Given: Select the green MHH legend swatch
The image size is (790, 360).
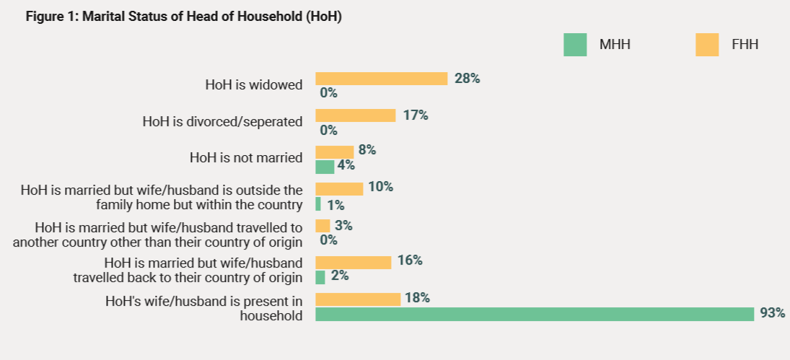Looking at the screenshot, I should [x=575, y=45].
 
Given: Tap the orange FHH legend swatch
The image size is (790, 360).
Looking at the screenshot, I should [x=707, y=45].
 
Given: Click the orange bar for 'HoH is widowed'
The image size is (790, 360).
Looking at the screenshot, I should [x=381, y=79].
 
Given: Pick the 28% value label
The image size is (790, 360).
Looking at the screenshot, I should [x=467, y=79].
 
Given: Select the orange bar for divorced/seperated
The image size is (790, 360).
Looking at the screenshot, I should [x=355, y=115].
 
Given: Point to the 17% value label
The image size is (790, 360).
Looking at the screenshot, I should [x=415, y=115].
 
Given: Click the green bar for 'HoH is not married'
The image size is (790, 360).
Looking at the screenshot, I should [x=325, y=167].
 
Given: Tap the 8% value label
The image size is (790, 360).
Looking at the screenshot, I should [x=367, y=151].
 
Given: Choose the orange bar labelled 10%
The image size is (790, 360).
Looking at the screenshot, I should [x=339, y=188].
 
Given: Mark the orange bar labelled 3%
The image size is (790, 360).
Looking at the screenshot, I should [x=322, y=226].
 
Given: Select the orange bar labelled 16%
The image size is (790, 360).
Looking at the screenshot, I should [x=353, y=262].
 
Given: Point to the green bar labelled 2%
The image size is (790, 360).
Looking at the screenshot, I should [x=320, y=277].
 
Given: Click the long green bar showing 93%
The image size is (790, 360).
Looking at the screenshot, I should [x=534, y=314].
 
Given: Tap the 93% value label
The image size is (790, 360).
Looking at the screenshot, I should [x=772, y=314].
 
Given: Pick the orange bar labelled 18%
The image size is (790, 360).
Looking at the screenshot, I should [x=358, y=299].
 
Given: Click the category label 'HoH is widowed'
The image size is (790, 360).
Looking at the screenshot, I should [x=253, y=85].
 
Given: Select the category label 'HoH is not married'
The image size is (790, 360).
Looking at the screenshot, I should [x=246, y=157].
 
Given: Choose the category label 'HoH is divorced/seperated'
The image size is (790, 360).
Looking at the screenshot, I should [x=222, y=122].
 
